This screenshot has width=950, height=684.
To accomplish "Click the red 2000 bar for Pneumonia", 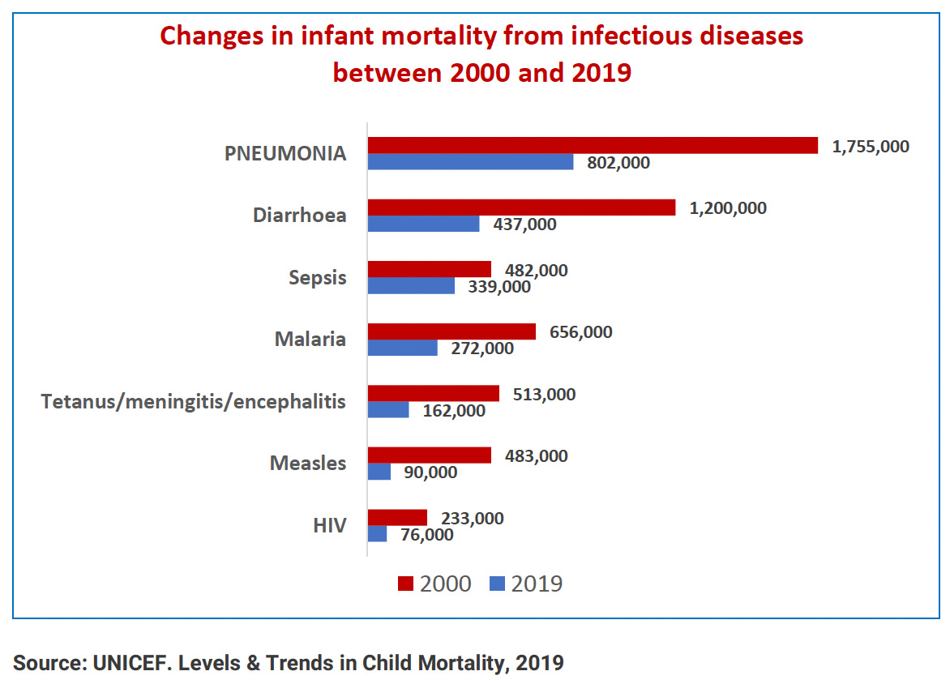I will pos(593,145).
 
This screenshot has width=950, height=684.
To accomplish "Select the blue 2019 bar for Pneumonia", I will pos(471,162).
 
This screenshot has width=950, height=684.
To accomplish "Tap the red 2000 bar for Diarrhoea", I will pos(521,207).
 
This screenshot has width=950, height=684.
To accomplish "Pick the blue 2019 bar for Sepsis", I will pos(411,286).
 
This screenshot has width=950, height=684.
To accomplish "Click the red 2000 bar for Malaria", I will pos(451,331).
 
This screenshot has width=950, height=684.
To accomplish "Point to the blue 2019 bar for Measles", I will pos(379,472).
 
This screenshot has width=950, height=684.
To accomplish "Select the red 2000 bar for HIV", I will pos(397,518).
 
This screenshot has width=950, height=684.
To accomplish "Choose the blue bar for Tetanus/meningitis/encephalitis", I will pos(388,410).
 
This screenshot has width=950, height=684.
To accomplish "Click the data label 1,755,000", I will pos(870,147).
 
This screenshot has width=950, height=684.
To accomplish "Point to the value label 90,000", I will pos(430,472).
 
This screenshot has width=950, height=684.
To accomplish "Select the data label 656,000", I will pos(580,332).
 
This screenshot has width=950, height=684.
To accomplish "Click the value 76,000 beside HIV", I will pos(426,535).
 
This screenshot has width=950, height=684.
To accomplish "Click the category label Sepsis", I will pos(318,278).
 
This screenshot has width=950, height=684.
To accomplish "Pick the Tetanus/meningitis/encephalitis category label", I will pos(194,401).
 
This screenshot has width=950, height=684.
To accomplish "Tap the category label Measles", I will pos(308,464).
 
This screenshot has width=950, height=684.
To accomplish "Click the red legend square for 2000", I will pos(405,584).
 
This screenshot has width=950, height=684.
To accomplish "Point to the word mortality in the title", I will pos(389,37).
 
